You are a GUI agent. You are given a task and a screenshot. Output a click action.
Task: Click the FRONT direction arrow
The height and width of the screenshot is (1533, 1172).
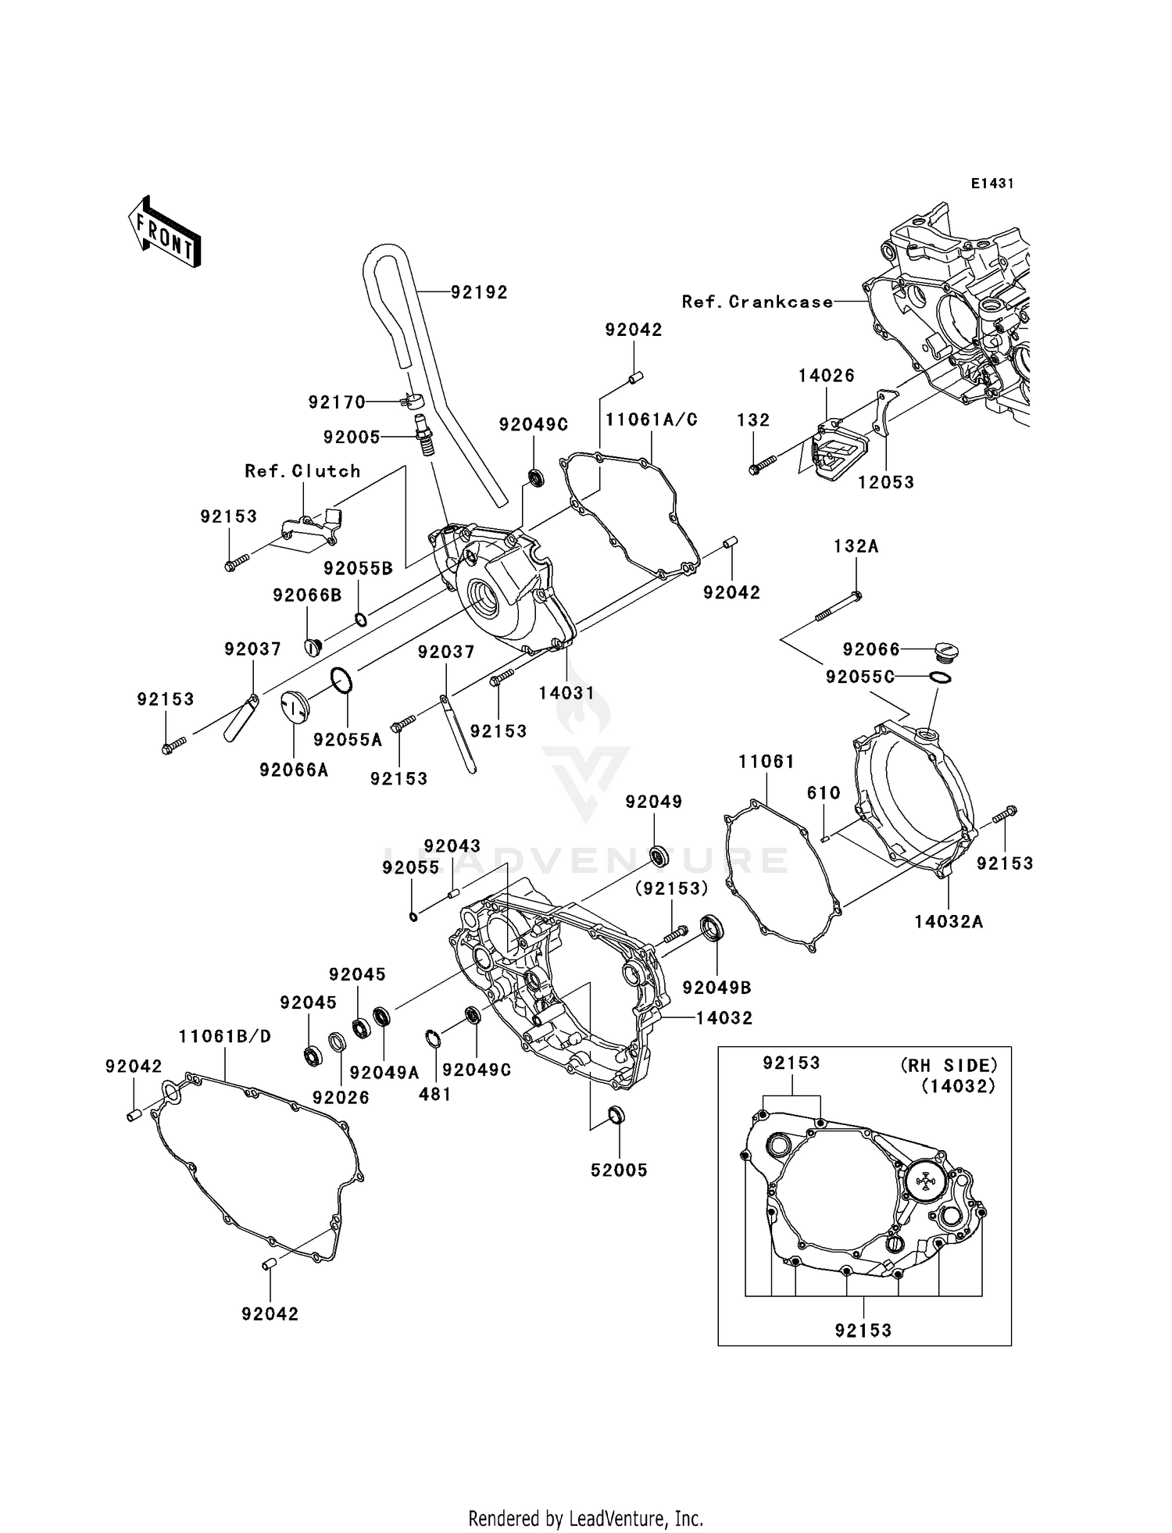pos(165,234)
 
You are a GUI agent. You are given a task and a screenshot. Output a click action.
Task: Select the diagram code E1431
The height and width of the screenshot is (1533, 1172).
pos(992,184)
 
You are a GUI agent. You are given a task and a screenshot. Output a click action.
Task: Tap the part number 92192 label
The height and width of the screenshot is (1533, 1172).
pos(479,292)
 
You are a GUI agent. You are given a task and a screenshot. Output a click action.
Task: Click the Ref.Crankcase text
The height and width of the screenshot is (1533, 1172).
pos(757,302)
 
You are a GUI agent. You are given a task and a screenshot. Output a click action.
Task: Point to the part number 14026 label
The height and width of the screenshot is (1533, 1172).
pos(826,375)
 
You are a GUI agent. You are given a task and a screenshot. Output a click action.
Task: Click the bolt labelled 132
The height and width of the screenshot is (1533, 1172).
pos(761,466)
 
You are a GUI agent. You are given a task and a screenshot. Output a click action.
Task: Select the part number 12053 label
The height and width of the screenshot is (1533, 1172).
pos(885,482)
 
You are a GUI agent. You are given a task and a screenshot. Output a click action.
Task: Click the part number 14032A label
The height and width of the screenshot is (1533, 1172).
pos(949,922)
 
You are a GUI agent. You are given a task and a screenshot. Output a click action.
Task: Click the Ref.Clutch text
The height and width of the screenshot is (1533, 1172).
pos(302,471)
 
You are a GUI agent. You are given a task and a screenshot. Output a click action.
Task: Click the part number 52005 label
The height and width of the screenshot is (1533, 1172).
pos(619,1170)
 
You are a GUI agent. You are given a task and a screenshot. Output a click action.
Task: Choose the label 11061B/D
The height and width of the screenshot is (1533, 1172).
pos(224,1036)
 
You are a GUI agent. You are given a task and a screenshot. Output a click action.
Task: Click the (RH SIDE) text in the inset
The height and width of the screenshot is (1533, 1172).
pos(949,1065)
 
